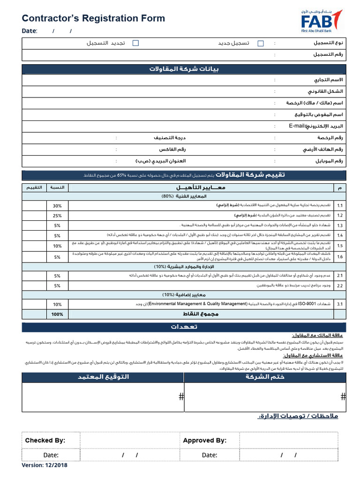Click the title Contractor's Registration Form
93,18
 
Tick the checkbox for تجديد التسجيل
135,43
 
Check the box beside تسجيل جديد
261,43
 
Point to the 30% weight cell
57,205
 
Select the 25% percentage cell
57,216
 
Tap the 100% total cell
57,314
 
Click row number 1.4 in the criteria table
340,235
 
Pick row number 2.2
340,285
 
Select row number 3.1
340,304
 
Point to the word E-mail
297,126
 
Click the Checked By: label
45,440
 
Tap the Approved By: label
204,440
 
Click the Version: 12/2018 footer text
45,465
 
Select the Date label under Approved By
210,455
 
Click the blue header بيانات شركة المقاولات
184,69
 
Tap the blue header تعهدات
184,327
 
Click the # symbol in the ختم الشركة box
343,397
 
